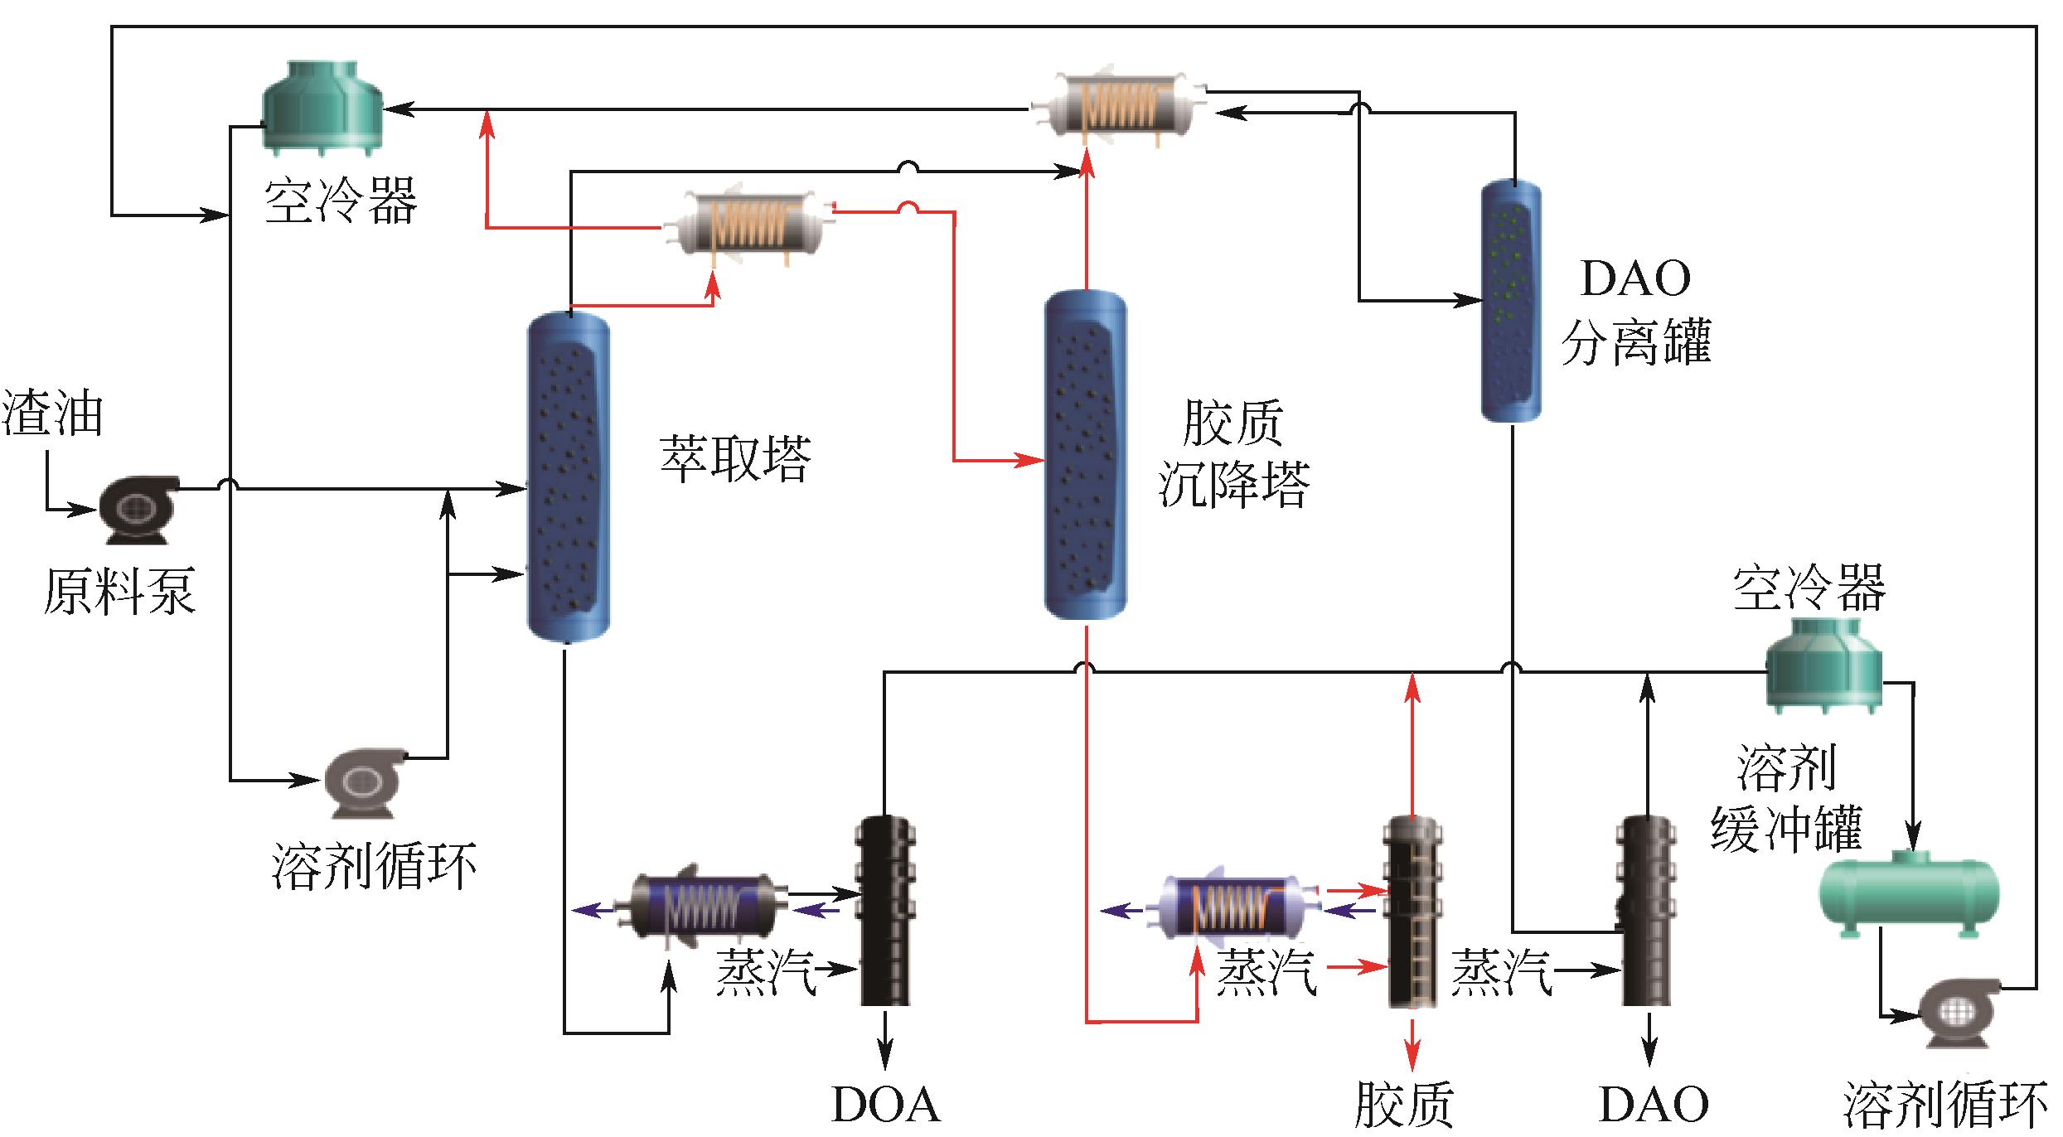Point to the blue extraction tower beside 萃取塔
coord(569,477)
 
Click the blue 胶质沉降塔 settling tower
coord(1085,454)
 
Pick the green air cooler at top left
coord(322,108)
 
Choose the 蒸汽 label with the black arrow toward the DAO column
coord(1501,972)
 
